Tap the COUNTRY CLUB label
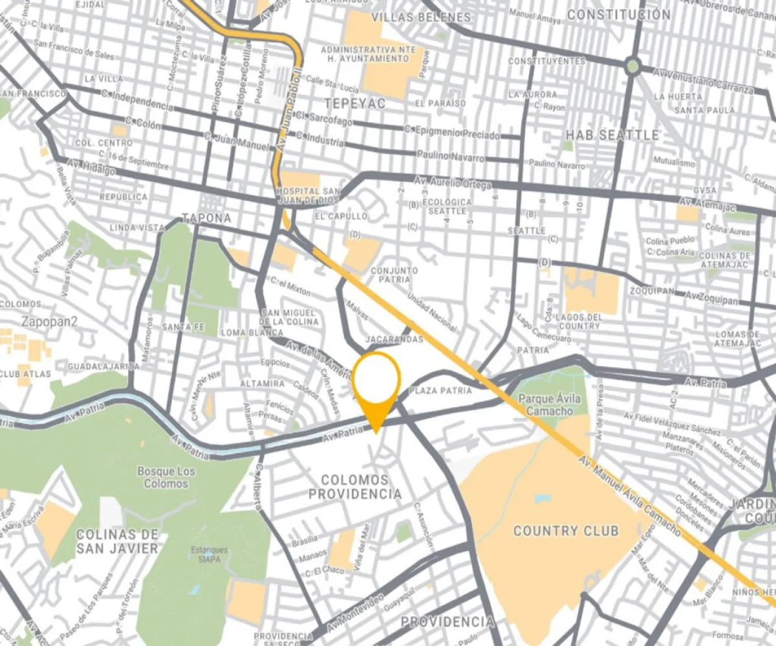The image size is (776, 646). tap(565, 531)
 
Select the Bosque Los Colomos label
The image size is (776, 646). tap(166, 477)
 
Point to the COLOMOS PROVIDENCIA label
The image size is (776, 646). tap(354, 487)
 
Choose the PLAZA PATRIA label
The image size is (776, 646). tap(441, 391)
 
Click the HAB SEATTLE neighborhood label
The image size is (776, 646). tap(612, 135)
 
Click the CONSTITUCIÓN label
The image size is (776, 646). tap(619, 14)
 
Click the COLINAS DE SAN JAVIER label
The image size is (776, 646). tap(116, 541)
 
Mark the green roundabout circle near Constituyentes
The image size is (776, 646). tap(632, 65)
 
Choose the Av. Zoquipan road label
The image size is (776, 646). tap(711, 298)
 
